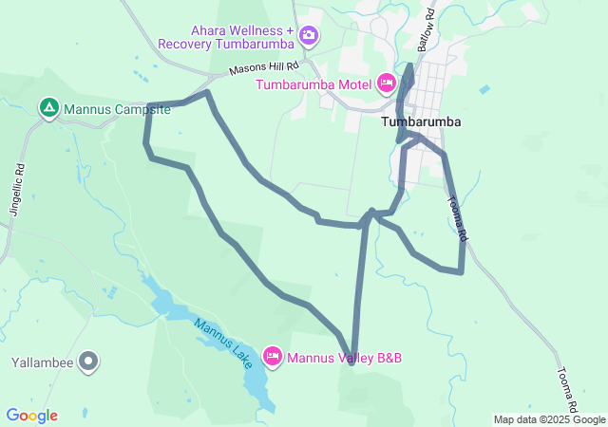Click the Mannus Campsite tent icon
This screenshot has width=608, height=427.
tap(48, 108)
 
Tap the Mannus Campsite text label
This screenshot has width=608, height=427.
tap(117, 109)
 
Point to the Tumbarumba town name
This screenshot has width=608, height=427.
tap(421, 122)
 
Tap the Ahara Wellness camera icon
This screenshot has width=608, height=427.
tap(308, 36)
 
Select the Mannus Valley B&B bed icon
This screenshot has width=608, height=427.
tap(273, 356)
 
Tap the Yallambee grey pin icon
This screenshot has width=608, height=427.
tap(88, 361)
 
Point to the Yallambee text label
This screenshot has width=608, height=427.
tap(42, 362)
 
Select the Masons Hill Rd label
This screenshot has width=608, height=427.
tap(264, 68)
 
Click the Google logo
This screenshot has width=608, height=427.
tap(31, 416)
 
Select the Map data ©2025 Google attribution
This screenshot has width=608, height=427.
tap(549, 419)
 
